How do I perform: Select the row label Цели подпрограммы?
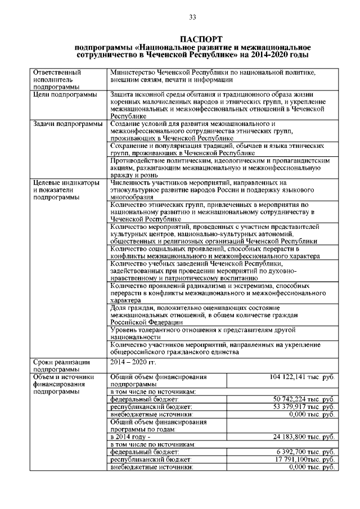click(64, 94)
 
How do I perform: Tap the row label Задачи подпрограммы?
click(67, 124)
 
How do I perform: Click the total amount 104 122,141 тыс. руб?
click(302, 377)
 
